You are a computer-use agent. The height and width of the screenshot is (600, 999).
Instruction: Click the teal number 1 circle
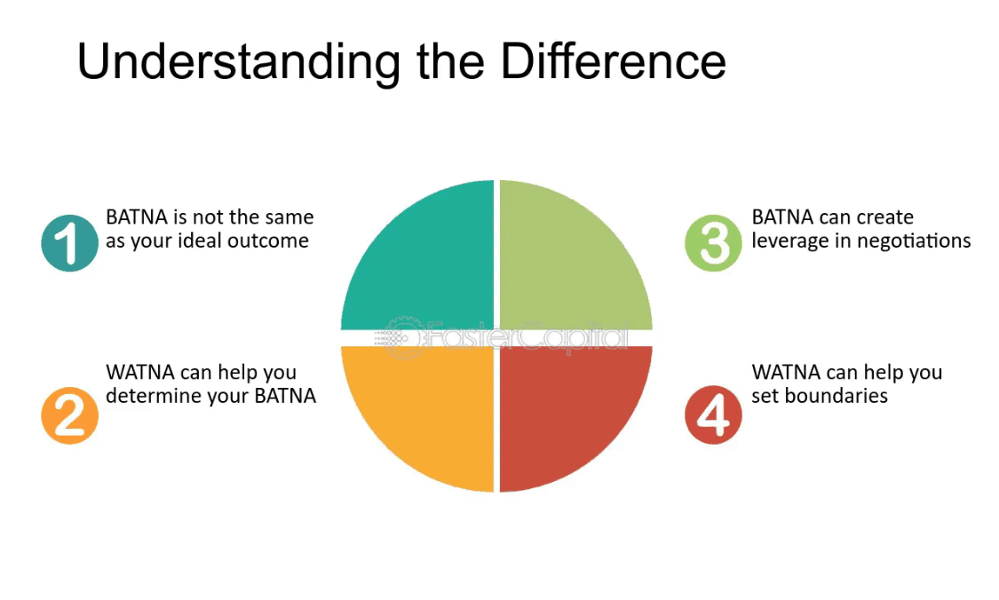(69, 242)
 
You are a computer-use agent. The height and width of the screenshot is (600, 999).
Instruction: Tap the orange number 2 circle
(69, 415)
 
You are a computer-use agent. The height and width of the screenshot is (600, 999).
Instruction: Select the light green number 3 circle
(713, 242)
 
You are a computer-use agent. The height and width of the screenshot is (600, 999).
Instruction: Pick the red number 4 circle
(713, 414)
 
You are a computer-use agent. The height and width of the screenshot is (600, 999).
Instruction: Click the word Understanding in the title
(239, 62)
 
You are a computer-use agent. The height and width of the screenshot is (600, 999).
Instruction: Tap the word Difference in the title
(614, 61)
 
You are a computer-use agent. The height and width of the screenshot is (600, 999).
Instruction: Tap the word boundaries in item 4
(836, 396)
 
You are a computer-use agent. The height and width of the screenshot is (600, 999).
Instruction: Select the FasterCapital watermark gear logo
(401, 336)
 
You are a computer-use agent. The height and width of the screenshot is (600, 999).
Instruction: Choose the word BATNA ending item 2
(285, 396)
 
